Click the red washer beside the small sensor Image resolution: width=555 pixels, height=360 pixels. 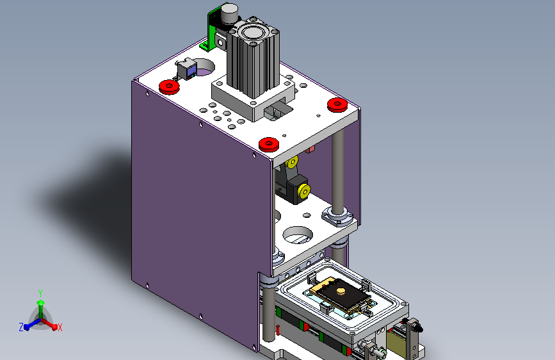click(169, 87)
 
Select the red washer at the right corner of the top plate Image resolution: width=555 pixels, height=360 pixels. click(337, 105)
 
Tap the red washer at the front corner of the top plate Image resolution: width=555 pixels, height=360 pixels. click(269, 145)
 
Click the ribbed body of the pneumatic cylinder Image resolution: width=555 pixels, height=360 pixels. click(253, 67)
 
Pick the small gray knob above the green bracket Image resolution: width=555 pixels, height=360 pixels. click(229, 13)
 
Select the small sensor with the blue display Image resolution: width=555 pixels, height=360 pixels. click(186, 69)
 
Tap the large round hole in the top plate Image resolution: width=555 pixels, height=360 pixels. click(203, 67)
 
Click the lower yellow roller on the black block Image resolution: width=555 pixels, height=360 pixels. click(303, 192)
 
